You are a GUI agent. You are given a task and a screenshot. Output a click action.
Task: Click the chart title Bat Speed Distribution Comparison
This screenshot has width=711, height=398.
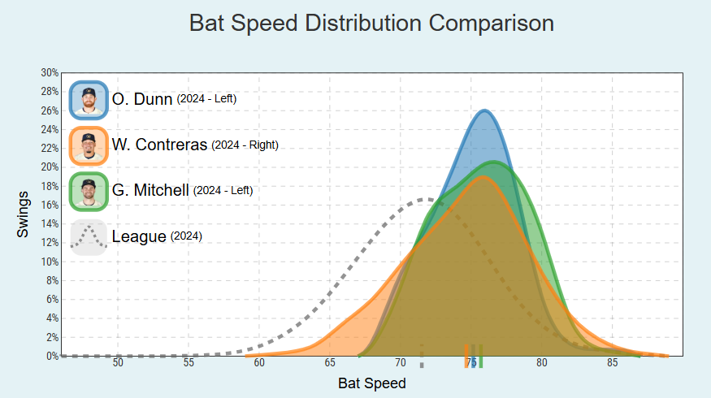coord(371,23)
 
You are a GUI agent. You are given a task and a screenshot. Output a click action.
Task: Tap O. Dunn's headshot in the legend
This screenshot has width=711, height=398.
coord(89,98)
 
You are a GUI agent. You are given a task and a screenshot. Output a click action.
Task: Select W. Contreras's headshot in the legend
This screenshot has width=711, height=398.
coord(89,145)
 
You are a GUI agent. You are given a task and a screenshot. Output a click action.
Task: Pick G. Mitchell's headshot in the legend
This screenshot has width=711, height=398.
coord(89,191)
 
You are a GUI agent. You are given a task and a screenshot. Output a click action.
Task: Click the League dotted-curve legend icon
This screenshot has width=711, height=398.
coord(89,237)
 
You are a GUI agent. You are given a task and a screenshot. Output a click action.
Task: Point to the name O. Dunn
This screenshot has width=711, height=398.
coord(142,99)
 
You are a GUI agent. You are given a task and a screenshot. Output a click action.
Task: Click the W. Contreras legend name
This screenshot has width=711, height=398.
coord(160,146)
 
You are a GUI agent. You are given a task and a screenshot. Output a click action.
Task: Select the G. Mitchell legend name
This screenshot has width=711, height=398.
coord(150,192)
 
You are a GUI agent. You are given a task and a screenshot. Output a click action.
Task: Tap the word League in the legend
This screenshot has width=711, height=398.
coord(139,237)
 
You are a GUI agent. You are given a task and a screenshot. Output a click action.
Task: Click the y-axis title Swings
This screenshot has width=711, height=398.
coord(24,214)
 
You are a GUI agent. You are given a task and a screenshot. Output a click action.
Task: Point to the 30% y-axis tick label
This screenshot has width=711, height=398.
coord(50,73)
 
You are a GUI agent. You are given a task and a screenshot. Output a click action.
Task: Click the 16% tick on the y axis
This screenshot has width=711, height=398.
coord(50,205)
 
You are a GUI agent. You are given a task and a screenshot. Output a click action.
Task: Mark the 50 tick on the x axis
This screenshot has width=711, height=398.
coord(119,362)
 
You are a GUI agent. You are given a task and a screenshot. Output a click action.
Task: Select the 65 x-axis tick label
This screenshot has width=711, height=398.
coord(330,362)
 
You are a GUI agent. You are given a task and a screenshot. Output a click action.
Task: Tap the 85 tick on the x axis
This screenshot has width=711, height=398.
coord(612,362)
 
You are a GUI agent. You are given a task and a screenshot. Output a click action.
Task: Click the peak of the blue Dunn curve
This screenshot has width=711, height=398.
coord(484,110)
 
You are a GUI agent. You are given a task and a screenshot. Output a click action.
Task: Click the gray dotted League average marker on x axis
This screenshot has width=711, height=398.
coord(422,356)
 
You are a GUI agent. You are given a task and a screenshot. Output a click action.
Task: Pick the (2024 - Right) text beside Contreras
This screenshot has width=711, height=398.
coord(245,145)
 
